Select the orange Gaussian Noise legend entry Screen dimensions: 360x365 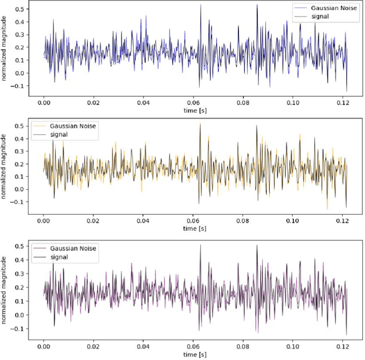(64, 126)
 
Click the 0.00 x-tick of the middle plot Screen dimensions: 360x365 (44, 222)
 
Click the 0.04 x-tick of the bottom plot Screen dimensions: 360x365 (144, 346)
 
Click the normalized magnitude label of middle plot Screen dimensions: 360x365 (5, 166)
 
